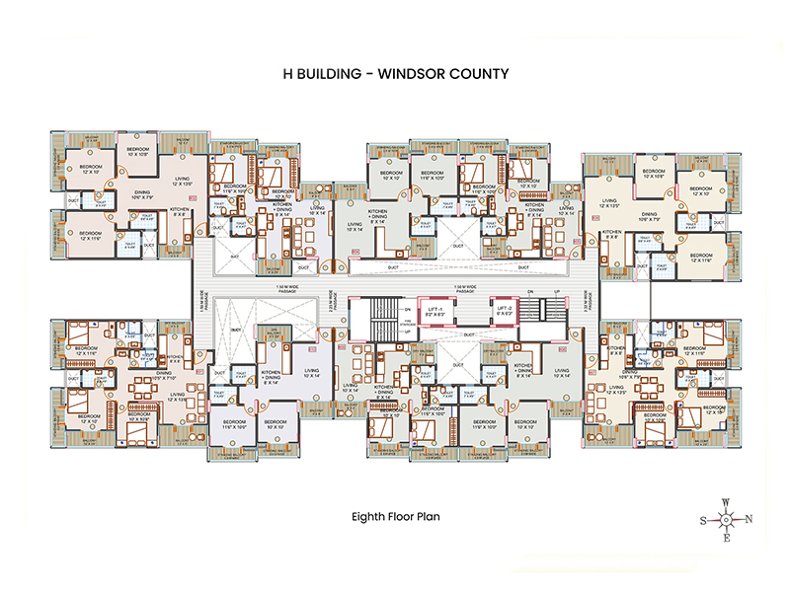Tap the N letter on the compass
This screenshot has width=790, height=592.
pos(750,519)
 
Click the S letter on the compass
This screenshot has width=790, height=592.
pos(703,519)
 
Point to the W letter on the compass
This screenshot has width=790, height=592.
pos(726,501)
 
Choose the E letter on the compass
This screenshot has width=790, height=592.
pos(726,539)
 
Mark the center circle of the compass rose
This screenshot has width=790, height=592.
pos(726,519)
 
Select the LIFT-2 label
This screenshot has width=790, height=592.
pos(505,309)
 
